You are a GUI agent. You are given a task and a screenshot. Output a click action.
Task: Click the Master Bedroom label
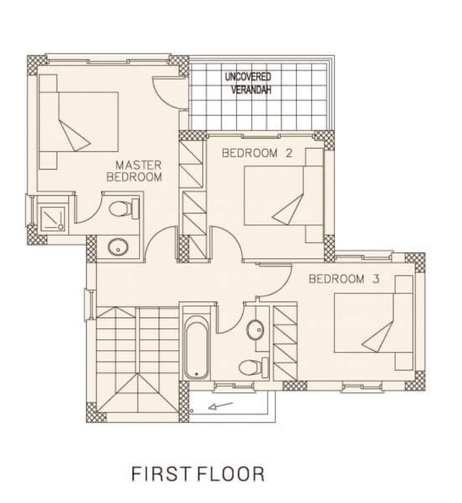(134, 171)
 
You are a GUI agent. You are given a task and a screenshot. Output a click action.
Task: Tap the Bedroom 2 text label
(257, 153)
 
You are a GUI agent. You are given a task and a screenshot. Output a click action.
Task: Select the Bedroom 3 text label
(344, 279)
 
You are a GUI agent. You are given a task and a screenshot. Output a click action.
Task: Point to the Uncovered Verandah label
(249, 83)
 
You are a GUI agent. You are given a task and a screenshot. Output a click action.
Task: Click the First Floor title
(198, 474)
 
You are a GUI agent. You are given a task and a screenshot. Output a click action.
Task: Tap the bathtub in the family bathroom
(196, 347)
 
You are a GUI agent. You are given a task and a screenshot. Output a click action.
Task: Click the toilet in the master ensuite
(124, 208)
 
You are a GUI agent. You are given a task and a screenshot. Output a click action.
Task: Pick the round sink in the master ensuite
(119, 247)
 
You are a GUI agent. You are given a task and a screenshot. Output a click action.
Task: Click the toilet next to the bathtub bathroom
(254, 367)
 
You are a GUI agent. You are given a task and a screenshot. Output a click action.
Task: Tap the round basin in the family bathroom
(255, 330)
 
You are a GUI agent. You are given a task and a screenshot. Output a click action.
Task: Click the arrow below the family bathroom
(220, 406)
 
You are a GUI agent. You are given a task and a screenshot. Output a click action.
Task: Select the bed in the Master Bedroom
(79, 122)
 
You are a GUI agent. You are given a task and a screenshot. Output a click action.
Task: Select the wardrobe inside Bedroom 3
(285, 342)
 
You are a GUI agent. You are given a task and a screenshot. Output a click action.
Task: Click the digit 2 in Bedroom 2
(289, 153)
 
